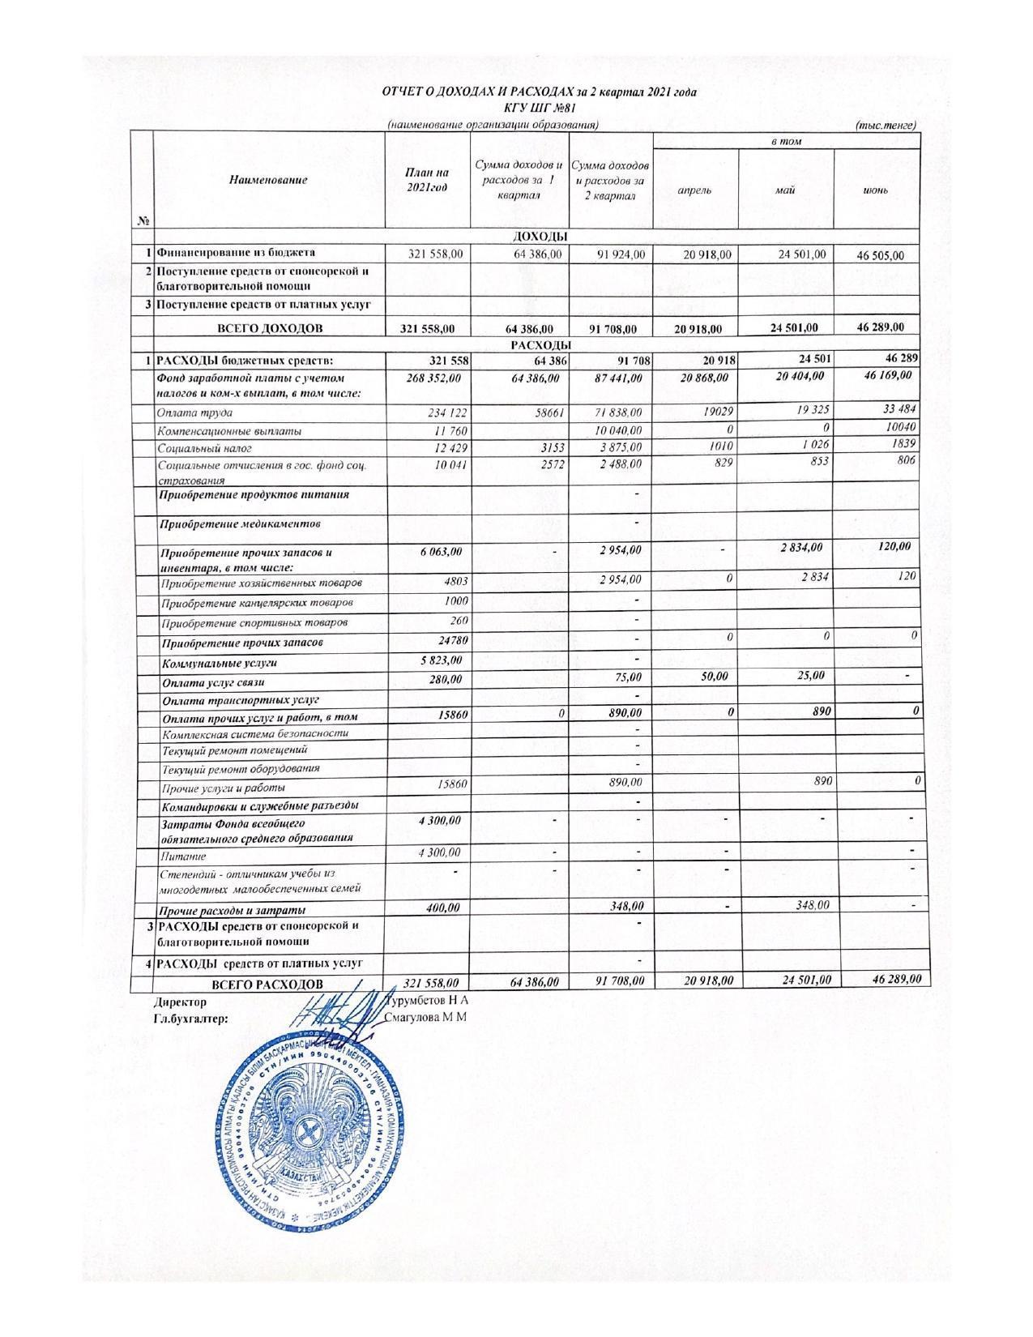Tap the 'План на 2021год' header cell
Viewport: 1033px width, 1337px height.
click(x=426, y=180)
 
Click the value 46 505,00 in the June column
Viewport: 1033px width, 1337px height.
click(x=880, y=256)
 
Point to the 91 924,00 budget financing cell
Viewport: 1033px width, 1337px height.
click(x=621, y=254)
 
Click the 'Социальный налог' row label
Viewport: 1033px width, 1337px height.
click(x=205, y=448)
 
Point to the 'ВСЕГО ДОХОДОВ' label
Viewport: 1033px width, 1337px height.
click(x=269, y=329)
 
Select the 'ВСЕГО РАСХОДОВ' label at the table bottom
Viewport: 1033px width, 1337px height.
click(x=267, y=985)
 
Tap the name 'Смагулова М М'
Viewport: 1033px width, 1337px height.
click(x=426, y=1018)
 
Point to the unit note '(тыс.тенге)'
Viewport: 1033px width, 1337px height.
click(x=886, y=125)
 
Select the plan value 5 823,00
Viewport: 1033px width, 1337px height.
click(x=441, y=660)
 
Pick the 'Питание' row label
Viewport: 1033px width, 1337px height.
click(x=183, y=856)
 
